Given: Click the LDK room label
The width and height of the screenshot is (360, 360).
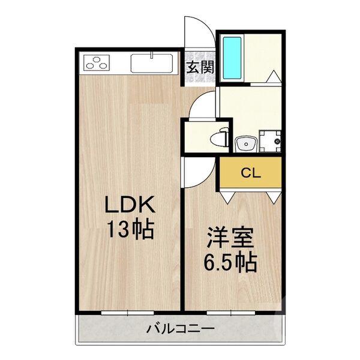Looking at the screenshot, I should click(130, 206).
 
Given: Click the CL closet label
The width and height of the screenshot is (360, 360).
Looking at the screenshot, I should click(250, 173).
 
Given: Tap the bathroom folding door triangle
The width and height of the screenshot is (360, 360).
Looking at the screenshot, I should click(272, 77).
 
